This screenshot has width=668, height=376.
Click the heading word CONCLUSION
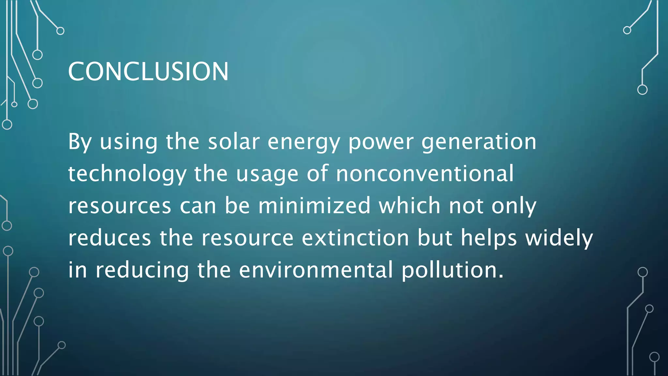[148, 71]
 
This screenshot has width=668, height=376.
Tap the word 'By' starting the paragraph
[80, 142]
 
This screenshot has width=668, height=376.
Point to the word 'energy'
[304, 143]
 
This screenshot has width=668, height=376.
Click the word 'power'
[381, 143]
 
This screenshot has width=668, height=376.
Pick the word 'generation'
[478, 143]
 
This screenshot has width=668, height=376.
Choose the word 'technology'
[127, 174]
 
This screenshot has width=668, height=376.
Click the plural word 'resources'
[120, 206]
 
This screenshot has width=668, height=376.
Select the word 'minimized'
[314, 206]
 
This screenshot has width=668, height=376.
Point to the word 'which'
[409, 206]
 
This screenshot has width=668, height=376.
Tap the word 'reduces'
[110, 238]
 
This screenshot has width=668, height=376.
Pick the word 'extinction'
[355, 238]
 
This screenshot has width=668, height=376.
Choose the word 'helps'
[489, 238]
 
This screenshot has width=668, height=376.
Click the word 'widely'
[559, 238]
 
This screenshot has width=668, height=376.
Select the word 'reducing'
[142, 271]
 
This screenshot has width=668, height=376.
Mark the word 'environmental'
[316, 270]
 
